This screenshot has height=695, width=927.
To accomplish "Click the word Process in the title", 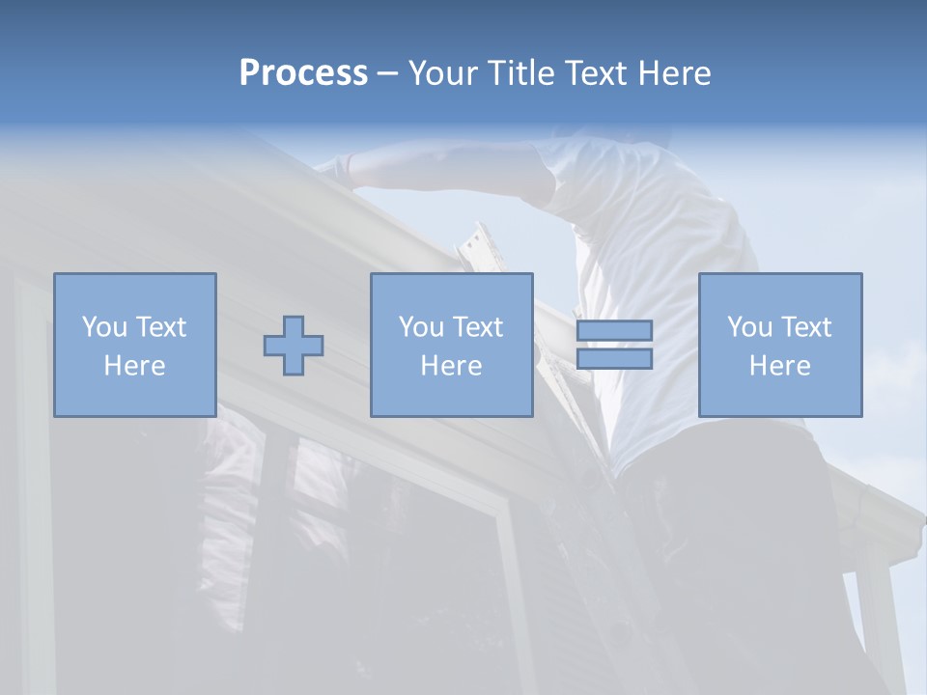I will click(x=303, y=73).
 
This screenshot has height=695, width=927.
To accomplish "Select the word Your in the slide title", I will click(x=440, y=73).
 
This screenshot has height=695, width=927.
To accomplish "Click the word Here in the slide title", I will click(x=675, y=73).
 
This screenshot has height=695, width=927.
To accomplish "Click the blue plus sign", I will click(x=294, y=346).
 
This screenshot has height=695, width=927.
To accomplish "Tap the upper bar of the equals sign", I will click(x=614, y=330).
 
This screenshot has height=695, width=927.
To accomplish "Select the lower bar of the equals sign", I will click(x=614, y=359).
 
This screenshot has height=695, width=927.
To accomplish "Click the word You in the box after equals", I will click(x=749, y=327).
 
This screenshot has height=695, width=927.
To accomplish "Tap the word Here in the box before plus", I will click(x=135, y=366).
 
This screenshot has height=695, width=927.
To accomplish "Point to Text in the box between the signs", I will click(x=480, y=327).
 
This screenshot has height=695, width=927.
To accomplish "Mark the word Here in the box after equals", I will click(x=780, y=366).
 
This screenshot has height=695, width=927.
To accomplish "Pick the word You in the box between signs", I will click(x=421, y=327).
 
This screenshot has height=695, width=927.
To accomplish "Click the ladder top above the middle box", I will click(x=479, y=241).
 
